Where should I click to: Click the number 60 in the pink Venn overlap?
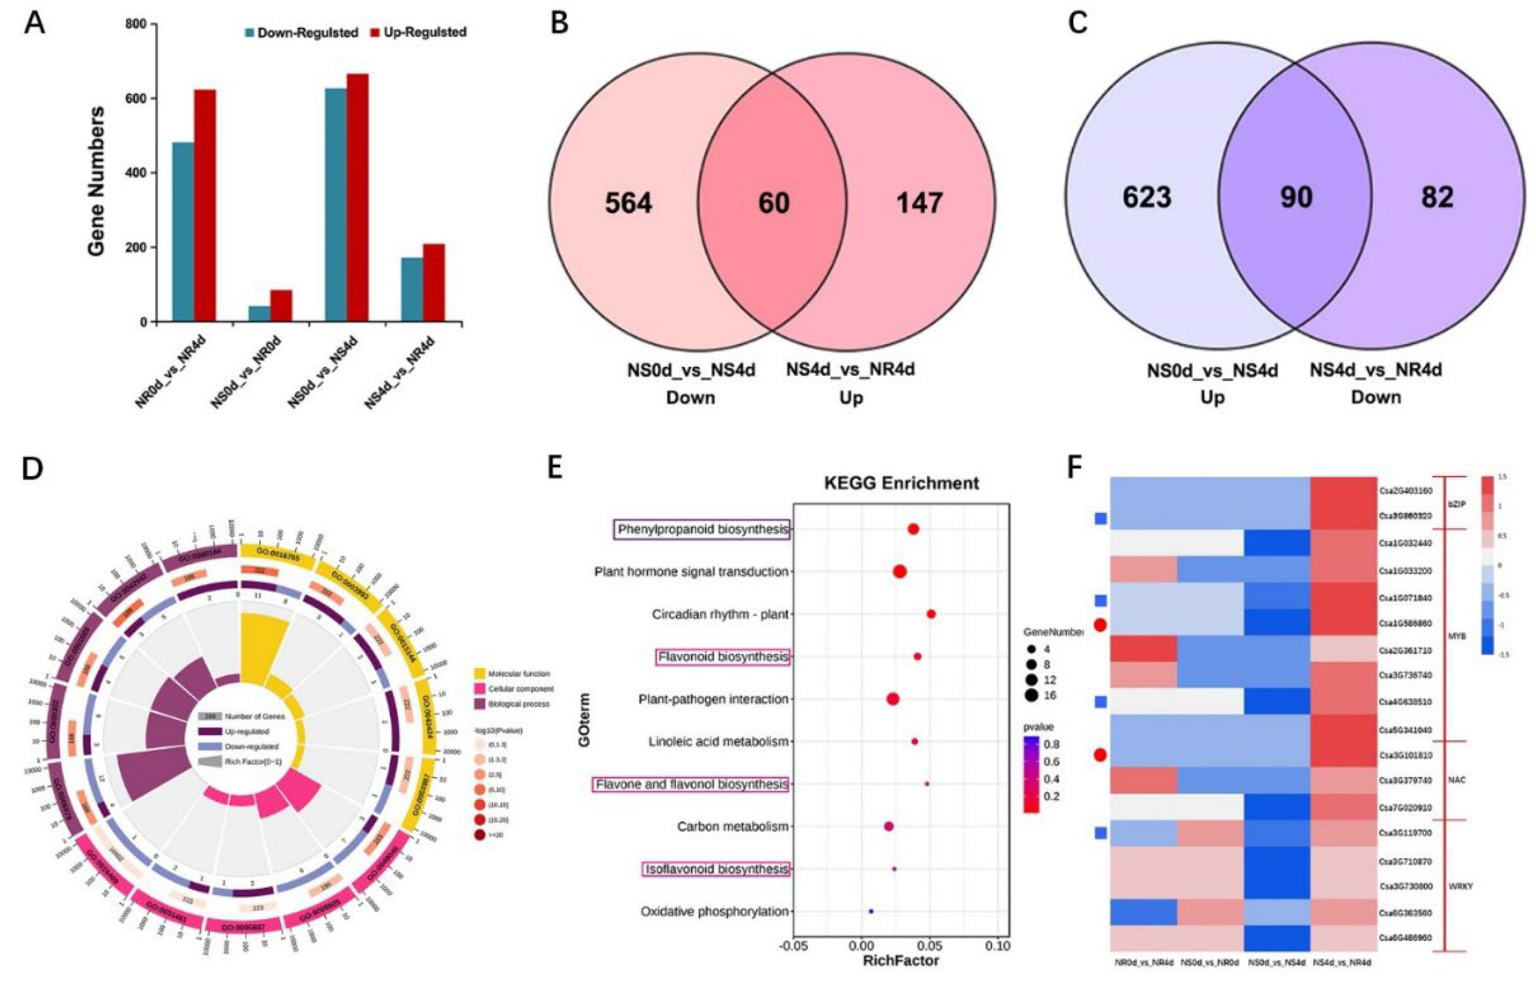pyautogui.click(x=774, y=203)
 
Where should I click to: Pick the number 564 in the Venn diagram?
pyautogui.click(x=628, y=203)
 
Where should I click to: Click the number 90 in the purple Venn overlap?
pyautogui.click(x=1296, y=197)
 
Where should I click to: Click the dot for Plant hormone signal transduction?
pyautogui.click(x=899, y=572)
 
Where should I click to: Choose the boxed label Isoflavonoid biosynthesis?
pyautogui.click(x=716, y=869)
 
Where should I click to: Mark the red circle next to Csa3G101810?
pyautogui.click(x=1100, y=755)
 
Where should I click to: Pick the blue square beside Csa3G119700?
pyautogui.click(x=1100, y=833)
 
